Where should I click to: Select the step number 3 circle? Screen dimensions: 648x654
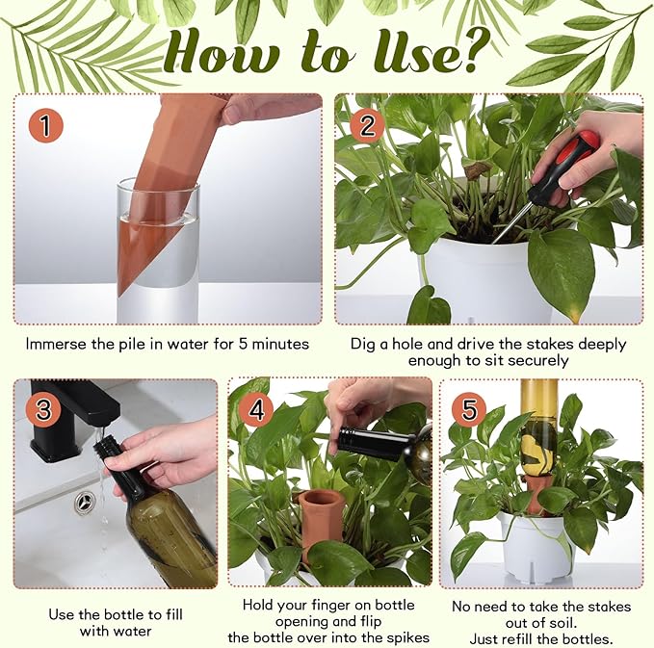[41, 409]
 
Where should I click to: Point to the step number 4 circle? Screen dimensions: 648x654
[256, 408]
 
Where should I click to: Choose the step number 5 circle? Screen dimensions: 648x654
[468, 409]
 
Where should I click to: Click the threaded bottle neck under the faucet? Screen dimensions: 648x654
[105, 451]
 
